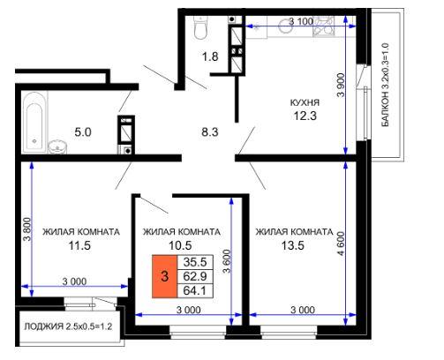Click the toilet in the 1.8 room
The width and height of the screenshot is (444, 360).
(201, 27)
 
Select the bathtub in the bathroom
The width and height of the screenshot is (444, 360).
(34, 123)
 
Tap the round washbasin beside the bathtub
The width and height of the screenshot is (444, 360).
(57, 146)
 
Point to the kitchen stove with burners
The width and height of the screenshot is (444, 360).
(324, 26)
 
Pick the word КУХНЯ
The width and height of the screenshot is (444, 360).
(305, 102)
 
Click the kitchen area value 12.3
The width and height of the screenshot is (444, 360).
(305, 116)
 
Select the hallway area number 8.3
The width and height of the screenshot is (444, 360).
(210, 132)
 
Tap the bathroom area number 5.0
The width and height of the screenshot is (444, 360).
(83, 132)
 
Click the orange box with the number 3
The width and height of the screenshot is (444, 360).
(164, 276)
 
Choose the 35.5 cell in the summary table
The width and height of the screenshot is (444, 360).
(195, 262)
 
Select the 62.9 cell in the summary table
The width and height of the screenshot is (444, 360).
(195, 276)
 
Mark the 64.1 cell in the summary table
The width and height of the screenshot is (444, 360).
(195, 290)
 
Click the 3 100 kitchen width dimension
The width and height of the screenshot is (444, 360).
(301, 21)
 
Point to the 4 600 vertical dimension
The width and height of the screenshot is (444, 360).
(341, 244)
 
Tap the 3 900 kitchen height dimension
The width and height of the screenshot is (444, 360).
(341, 85)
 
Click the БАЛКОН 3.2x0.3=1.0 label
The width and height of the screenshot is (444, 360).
(385, 85)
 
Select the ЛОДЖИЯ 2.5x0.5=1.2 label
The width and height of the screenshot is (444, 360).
(68, 326)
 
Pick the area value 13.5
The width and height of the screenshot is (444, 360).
(293, 245)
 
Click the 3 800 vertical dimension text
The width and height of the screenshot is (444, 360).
(27, 229)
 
